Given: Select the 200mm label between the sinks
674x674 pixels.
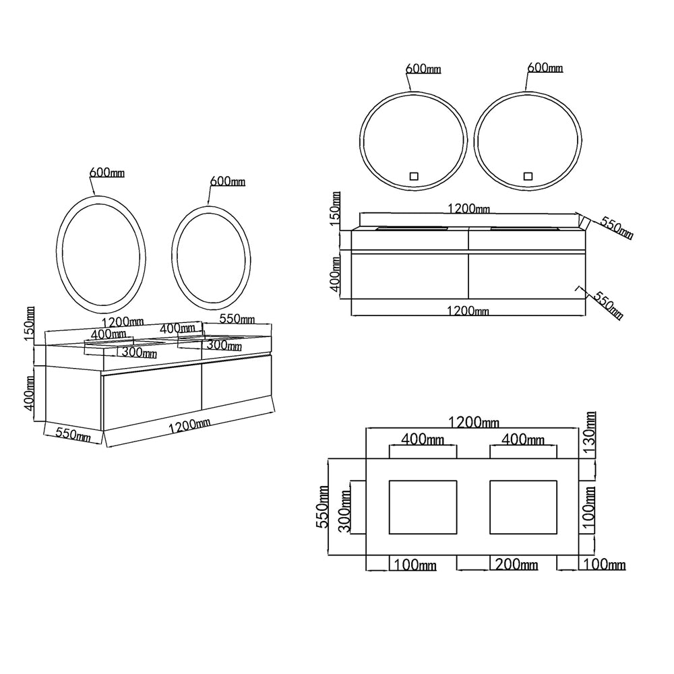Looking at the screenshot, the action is [x=516, y=564].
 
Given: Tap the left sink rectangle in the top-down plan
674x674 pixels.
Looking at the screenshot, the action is [x=423, y=508].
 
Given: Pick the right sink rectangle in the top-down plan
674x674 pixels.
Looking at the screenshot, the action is [x=524, y=508].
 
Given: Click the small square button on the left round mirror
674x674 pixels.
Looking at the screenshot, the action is [x=414, y=176].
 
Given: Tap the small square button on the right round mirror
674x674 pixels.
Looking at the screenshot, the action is [x=528, y=176].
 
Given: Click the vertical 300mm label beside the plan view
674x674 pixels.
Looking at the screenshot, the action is [x=344, y=512].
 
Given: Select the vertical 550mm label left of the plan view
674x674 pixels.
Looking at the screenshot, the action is [x=322, y=507].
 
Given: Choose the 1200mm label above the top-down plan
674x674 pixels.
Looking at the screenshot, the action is [x=474, y=423].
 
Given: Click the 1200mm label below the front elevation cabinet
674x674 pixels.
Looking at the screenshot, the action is [x=468, y=310].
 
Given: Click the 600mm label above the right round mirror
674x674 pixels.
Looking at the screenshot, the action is [x=545, y=68].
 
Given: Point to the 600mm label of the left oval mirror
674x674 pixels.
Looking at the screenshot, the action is [x=107, y=173].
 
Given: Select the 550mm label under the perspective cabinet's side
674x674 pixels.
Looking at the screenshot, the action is [x=73, y=435].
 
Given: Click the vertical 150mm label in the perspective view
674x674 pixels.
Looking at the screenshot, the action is [x=30, y=324].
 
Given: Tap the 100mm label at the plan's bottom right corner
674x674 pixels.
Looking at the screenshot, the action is [x=605, y=564].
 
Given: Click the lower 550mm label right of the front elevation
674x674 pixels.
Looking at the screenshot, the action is [x=608, y=305].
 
